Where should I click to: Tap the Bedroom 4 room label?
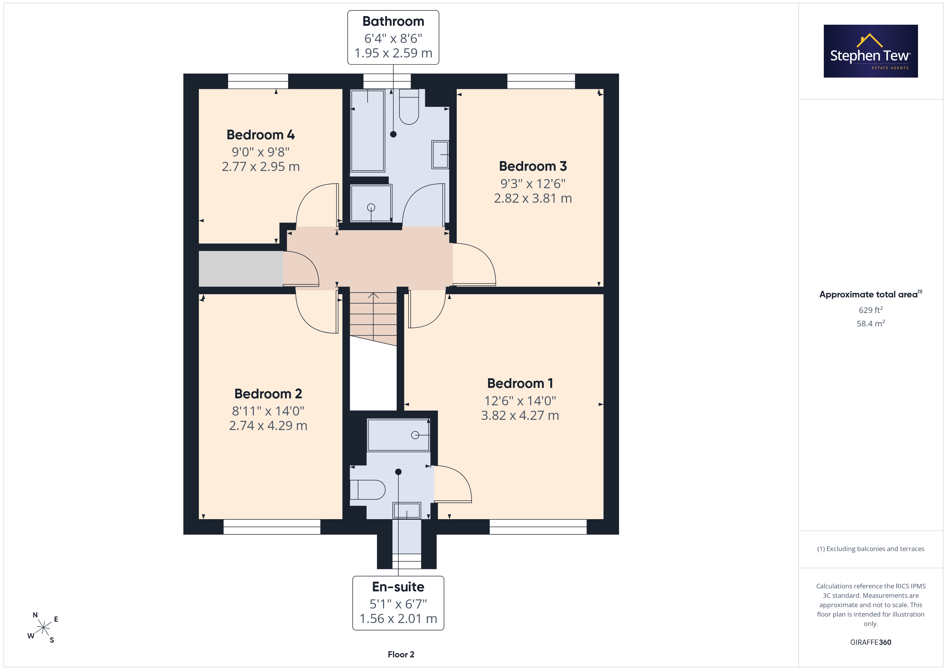point(261,135)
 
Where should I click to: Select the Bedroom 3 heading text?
point(533,166)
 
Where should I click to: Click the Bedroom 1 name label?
point(520,383)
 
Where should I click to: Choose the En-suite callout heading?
point(398,587)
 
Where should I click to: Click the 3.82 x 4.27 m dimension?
point(520,416)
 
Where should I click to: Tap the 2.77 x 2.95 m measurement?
point(261,167)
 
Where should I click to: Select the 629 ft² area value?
point(871,310)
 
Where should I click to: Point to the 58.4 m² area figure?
point(871,323)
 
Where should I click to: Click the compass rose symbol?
point(43,628)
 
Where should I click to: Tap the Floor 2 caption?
point(401,654)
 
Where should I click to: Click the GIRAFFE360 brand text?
point(871,642)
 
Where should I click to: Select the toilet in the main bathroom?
point(409,107)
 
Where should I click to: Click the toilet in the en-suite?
point(367,490)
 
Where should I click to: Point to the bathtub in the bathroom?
point(367,130)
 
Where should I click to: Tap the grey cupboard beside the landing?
point(241,269)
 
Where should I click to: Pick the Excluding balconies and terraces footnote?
point(871,549)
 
